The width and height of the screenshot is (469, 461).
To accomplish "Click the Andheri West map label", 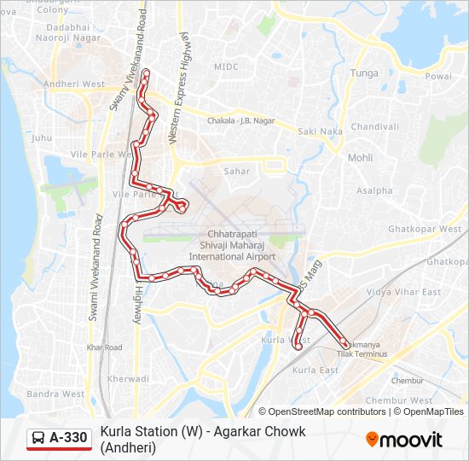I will [x=73, y=85].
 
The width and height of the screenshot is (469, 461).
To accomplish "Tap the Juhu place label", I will [x=42, y=137].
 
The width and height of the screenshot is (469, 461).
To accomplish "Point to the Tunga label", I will [x=364, y=73].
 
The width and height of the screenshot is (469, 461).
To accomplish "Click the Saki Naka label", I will [x=321, y=131].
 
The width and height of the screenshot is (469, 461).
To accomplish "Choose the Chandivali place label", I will [x=374, y=126].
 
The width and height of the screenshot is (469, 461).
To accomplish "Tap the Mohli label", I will [x=360, y=158].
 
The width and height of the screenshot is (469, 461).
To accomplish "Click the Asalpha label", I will [x=374, y=190].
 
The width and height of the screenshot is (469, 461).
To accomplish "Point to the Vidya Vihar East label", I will [x=403, y=292].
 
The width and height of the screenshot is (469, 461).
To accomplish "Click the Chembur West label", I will [x=398, y=400].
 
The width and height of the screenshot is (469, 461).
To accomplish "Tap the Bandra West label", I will [x=55, y=394].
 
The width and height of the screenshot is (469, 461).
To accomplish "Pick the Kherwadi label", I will [x=129, y=378].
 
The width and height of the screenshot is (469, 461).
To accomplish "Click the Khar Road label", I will [x=105, y=347].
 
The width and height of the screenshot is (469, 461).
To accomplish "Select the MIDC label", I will [x=227, y=66].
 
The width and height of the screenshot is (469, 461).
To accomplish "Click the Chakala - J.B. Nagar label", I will [x=241, y=121].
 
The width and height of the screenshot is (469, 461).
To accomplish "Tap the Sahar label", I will [x=237, y=172].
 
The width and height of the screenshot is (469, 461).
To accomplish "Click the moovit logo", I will [x=404, y=440].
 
